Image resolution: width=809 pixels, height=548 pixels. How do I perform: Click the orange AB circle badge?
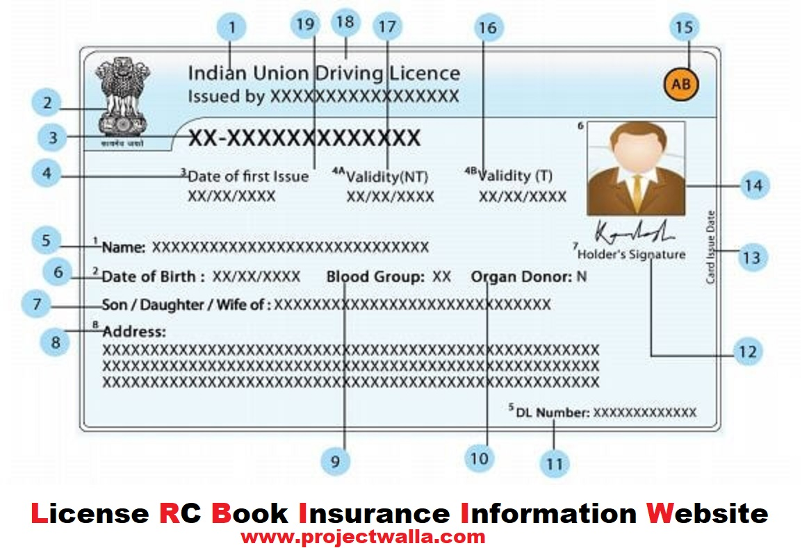[x=681, y=85]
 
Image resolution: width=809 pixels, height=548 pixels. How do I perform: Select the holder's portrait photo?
[x=636, y=168]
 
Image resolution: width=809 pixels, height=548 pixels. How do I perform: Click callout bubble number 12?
[x=747, y=352]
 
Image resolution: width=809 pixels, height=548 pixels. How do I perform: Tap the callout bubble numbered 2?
[x=47, y=104]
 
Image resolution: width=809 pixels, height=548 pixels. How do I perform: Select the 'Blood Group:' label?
[x=375, y=277]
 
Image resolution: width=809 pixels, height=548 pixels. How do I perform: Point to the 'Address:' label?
[x=134, y=332]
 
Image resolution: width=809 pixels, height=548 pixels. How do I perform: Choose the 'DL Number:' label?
[x=553, y=413]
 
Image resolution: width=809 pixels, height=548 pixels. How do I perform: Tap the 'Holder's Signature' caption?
[x=631, y=254]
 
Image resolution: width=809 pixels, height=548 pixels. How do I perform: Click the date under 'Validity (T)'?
[x=523, y=197]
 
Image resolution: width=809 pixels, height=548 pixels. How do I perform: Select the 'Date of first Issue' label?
[x=248, y=176]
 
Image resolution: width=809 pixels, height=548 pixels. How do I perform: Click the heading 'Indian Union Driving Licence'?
[x=324, y=74]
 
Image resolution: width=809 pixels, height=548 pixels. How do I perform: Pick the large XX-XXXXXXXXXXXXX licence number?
[x=305, y=138]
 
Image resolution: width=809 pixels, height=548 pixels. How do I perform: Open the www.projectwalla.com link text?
[x=362, y=536]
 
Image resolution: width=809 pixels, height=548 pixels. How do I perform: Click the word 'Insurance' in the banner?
[x=373, y=513]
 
